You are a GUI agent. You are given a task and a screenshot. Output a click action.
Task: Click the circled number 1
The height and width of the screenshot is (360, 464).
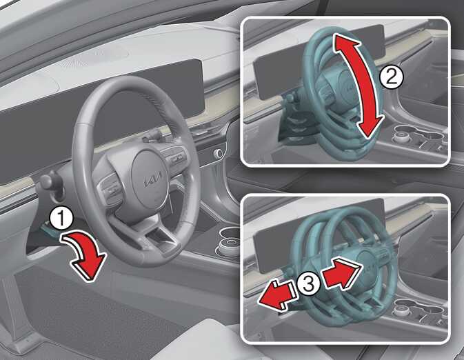(x=61, y=219)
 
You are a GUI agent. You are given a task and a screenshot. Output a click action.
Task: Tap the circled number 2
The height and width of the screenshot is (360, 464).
(x=391, y=77)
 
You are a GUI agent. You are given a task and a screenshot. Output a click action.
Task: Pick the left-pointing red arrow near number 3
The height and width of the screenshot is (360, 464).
(x=276, y=296)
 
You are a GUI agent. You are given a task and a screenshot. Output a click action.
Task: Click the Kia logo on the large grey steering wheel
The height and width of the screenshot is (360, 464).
(x=153, y=179)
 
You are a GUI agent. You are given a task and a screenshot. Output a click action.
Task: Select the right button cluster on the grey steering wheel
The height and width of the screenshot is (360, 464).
(x=178, y=158)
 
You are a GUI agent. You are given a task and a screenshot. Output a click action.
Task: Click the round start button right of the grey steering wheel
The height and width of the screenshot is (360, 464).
(x=218, y=153)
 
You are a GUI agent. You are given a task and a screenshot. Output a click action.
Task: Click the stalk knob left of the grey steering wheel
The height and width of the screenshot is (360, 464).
(x=46, y=181)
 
